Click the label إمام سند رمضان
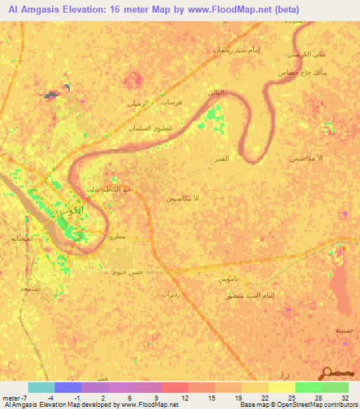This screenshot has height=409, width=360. click(x=233, y=50)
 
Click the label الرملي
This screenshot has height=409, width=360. click(x=139, y=103)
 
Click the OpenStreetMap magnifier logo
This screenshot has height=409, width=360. click(x=326, y=373)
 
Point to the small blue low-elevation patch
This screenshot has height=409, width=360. click(x=51, y=94)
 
